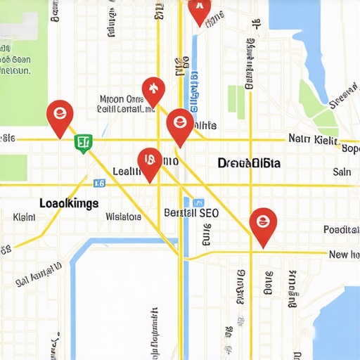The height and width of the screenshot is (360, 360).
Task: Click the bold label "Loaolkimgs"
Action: [x=69, y=202]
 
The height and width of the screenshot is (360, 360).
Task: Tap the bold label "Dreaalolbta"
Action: [x=249, y=163]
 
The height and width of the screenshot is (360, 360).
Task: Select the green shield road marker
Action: [x=83, y=143]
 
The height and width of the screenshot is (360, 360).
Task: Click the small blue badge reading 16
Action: [x=99, y=183]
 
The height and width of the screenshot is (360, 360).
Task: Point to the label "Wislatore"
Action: [x=123, y=217]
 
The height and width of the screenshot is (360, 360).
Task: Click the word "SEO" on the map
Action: [x=210, y=212]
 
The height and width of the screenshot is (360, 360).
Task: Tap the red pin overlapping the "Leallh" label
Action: [x=149, y=163]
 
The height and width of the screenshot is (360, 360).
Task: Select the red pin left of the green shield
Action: [x=59, y=116]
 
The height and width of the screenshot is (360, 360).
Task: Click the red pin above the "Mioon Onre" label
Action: [x=153, y=90]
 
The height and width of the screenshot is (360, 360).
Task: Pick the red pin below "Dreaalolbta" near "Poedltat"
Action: [x=263, y=225]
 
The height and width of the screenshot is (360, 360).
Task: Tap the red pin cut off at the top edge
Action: [x=200, y=8]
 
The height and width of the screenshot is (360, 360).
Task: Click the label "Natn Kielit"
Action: [x=313, y=139]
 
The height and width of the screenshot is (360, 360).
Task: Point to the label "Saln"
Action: [x=342, y=172]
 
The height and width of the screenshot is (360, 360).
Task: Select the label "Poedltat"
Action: [x=340, y=230]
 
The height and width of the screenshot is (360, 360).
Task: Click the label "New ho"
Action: [x=344, y=255]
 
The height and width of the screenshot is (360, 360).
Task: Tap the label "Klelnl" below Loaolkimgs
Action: [x=24, y=218]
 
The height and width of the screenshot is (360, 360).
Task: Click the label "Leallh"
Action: [x=127, y=171]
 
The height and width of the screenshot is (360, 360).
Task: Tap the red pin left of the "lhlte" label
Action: [x=179, y=125]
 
